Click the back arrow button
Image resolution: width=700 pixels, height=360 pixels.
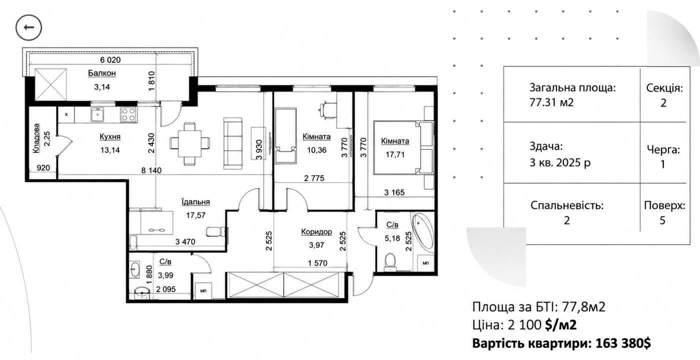[28, 27]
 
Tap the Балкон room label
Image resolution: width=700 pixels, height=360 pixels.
[102, 73]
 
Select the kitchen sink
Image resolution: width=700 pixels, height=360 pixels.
[97, 114]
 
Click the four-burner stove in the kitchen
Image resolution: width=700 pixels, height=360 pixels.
[129, 114]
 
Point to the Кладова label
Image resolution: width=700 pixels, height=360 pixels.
[36, 138]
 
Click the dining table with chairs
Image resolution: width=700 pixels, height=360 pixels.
[189, 143]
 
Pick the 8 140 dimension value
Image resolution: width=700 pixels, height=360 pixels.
[151, 170]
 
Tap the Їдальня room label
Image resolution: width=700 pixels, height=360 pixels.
[195, 201]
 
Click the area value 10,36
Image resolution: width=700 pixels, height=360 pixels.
[316, 150]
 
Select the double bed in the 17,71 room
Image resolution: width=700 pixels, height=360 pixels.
[403, 147]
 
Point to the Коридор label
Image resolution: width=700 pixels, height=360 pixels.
[316, 231]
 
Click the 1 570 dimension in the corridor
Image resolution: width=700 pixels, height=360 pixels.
[317, 263]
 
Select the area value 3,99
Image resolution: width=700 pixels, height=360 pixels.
[165, 275]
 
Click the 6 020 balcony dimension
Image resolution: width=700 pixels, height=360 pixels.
[110, 59]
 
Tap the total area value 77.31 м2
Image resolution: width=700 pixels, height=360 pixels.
[551, 102]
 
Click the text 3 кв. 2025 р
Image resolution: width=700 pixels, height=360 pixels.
[560, 162]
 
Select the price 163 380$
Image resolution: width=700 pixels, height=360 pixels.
[623, 343]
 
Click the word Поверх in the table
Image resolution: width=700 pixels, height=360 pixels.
[664, 205]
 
